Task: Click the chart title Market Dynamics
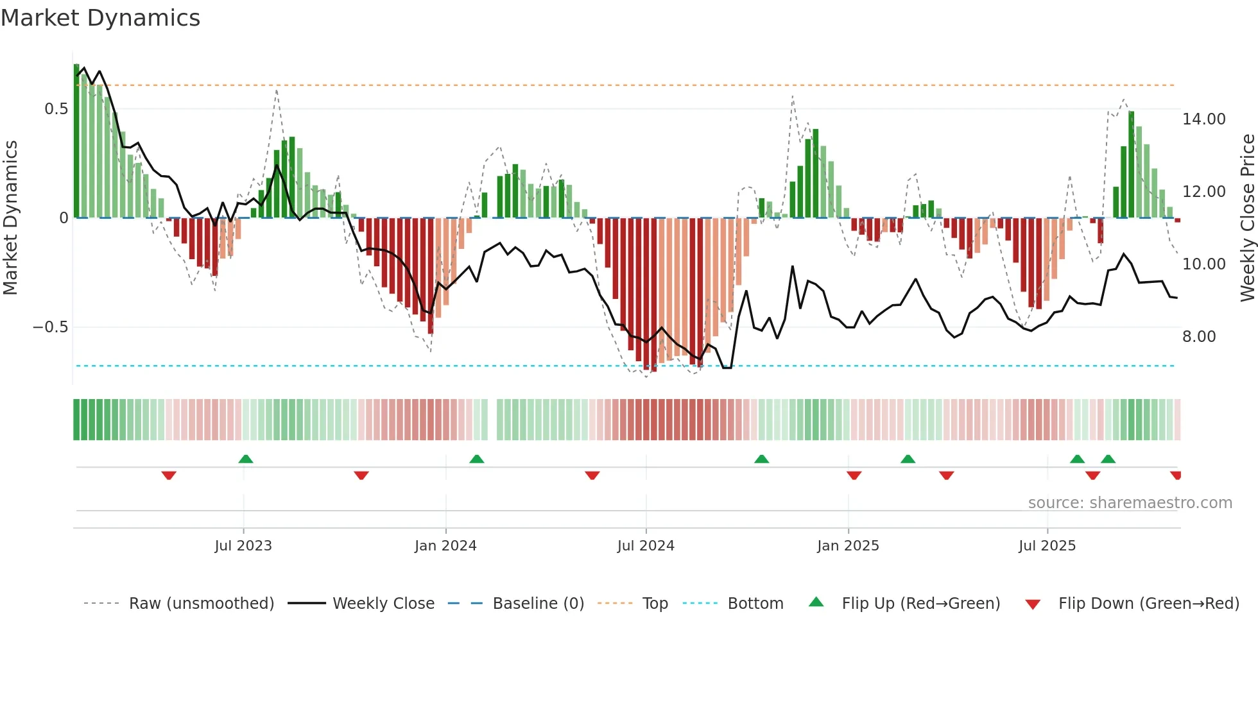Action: pyautogui.click(x=100, y=18)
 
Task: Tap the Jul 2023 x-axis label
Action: pyautogui.click(x=243, y=546)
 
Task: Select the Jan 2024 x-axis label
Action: pyautogui.click(x=445, y=546)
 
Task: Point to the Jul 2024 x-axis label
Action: pyautogui.click(x=646, y=546)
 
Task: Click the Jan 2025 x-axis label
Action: pyautogui.click(x=848, y=546)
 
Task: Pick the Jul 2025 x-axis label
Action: pyautogui.click(x=1047, y=546)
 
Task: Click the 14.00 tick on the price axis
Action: pyautogui.click(x=1203, y=119)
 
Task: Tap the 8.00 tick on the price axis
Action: pyautogui.click(x=1199, y=337)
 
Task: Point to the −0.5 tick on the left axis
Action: pyautogui.click(x=50, y=327)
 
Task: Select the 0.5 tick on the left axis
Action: pyautogui.click(x=56, y=109)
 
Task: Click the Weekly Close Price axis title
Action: pyautogui.click(x=1247, y=218)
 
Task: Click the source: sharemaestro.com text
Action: pyautogui.click(x=1130, y=503)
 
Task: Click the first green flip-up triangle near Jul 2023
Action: pyautogui.click(x=246, y=459)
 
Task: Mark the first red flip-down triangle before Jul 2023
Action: pyautogui.click(x=169, y=475)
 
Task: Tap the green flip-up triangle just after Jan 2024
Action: pyautogui.click(x=476, y=459)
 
